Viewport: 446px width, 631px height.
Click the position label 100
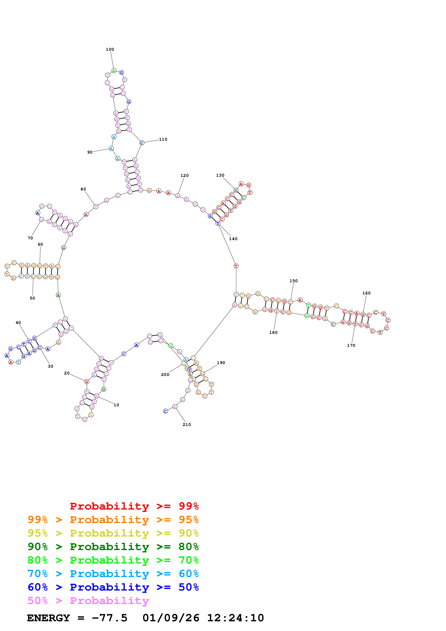pos(110,49)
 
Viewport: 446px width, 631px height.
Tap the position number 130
pos(220,175)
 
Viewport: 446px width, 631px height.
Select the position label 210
pos(187,425)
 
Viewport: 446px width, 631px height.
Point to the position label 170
pos(351,346)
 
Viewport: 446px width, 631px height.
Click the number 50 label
pos(32,298)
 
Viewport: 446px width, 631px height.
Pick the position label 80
pos(83,189)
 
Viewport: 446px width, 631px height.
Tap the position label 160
pos(366,293)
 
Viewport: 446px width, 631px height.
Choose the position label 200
pos(165,374)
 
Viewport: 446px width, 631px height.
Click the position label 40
pos(18,323)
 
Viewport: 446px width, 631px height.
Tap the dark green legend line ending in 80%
pos(113,547)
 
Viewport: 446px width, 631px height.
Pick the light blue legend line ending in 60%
pos(113,574)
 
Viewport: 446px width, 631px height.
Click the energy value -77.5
pos(109,618)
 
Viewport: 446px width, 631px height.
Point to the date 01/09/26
pos(171,618)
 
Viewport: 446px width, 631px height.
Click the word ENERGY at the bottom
pos(48,618)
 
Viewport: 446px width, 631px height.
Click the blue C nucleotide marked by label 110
pos(142,143)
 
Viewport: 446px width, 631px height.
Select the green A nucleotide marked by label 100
pos(114,71)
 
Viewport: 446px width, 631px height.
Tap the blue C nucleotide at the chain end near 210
pos(166,411)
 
